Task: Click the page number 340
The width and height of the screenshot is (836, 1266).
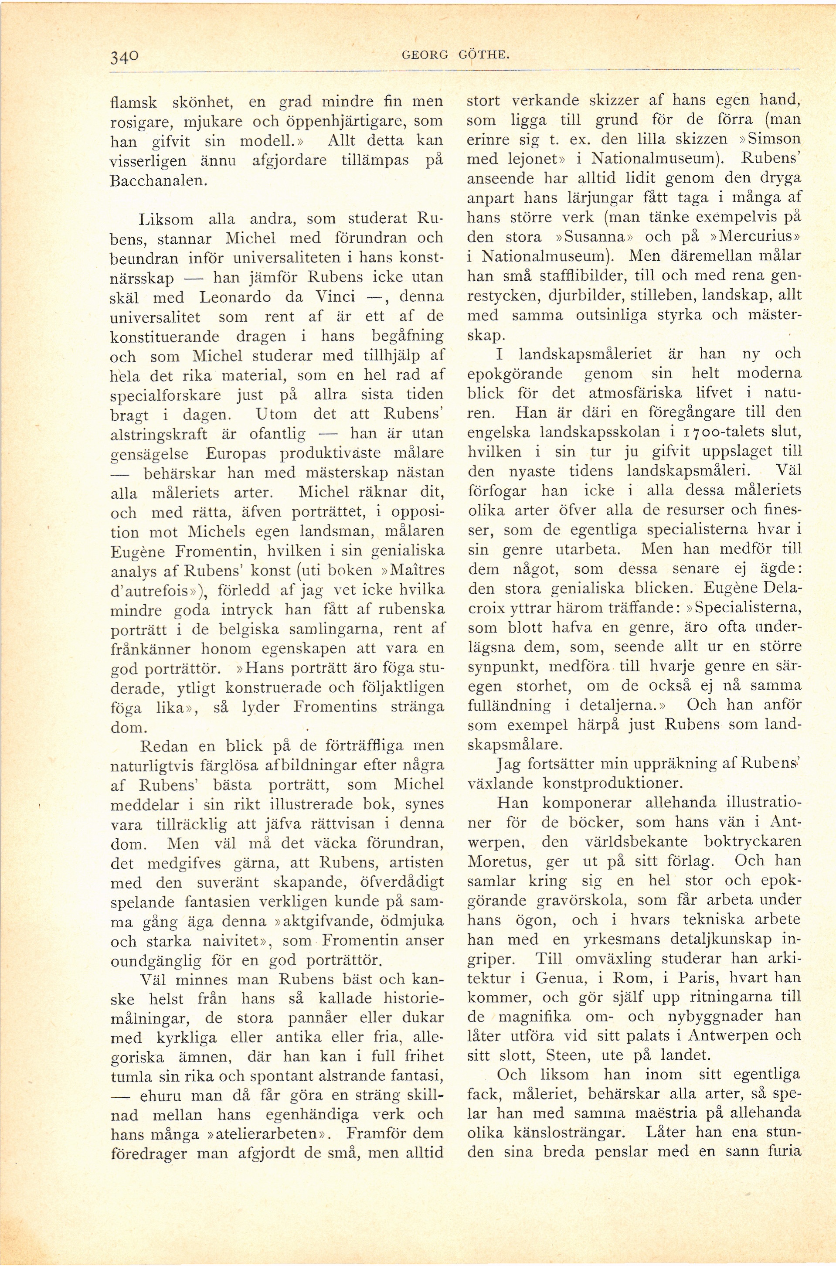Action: pos(125,56)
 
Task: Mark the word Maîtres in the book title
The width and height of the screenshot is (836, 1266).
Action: pos(418,569)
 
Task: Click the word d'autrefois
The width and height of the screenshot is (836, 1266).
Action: pos(150,590)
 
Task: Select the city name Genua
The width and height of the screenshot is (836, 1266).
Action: pos(558,978)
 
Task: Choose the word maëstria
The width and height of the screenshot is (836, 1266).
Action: pos(666,1113)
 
